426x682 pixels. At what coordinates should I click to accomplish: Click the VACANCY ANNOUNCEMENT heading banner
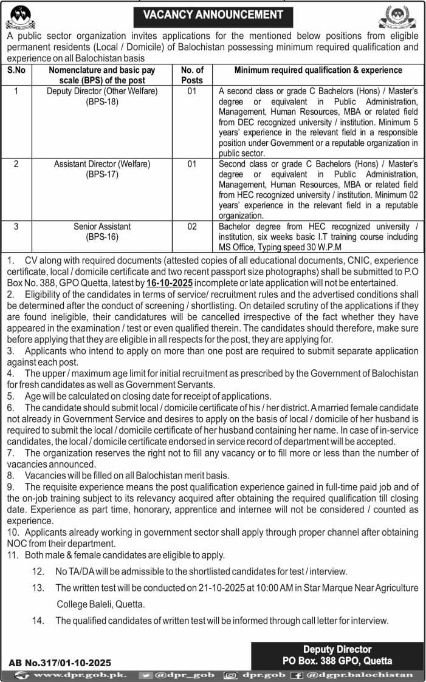coord(213,14)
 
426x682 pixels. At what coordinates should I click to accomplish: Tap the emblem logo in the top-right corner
coord(397,17)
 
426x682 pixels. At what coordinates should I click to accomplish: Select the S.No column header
coord(18,70)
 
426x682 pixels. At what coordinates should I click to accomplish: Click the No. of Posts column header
coord(192,75)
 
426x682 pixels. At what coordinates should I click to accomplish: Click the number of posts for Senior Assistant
coord(192,227)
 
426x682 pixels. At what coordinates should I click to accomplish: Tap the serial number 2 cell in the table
coord(17,164)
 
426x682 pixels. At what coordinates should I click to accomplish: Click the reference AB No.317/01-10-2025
coord(60,663)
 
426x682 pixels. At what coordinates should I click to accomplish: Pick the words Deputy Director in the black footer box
coord(337,650)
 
